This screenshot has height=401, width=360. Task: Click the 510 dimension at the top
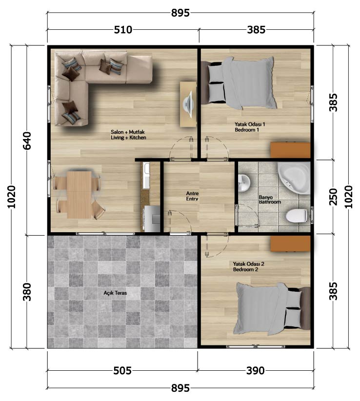(123, 30)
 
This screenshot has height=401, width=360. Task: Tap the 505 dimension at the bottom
(122, 370)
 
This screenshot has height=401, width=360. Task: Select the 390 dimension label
(256, 370)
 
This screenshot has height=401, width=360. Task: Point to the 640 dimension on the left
(27, 140)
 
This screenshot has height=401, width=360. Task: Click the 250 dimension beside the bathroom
(333, 197)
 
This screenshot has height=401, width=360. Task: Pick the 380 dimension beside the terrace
(27, 292)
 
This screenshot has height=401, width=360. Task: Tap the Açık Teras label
(115, 293)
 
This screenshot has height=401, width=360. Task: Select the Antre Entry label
(192, 196)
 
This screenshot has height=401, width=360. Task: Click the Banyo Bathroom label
(270, 200)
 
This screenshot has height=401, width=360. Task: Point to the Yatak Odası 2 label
(248, 264)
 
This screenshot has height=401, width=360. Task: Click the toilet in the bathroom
(297, 215)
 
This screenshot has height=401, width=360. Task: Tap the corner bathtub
(295, 178)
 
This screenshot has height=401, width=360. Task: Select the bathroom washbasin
(244, 183)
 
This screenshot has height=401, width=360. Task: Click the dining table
(79, 195)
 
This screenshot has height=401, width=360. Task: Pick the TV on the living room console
(188, 104)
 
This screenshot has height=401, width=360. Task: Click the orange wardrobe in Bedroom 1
(290, 150)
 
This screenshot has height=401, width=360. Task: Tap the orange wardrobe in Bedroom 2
(290, 243)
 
